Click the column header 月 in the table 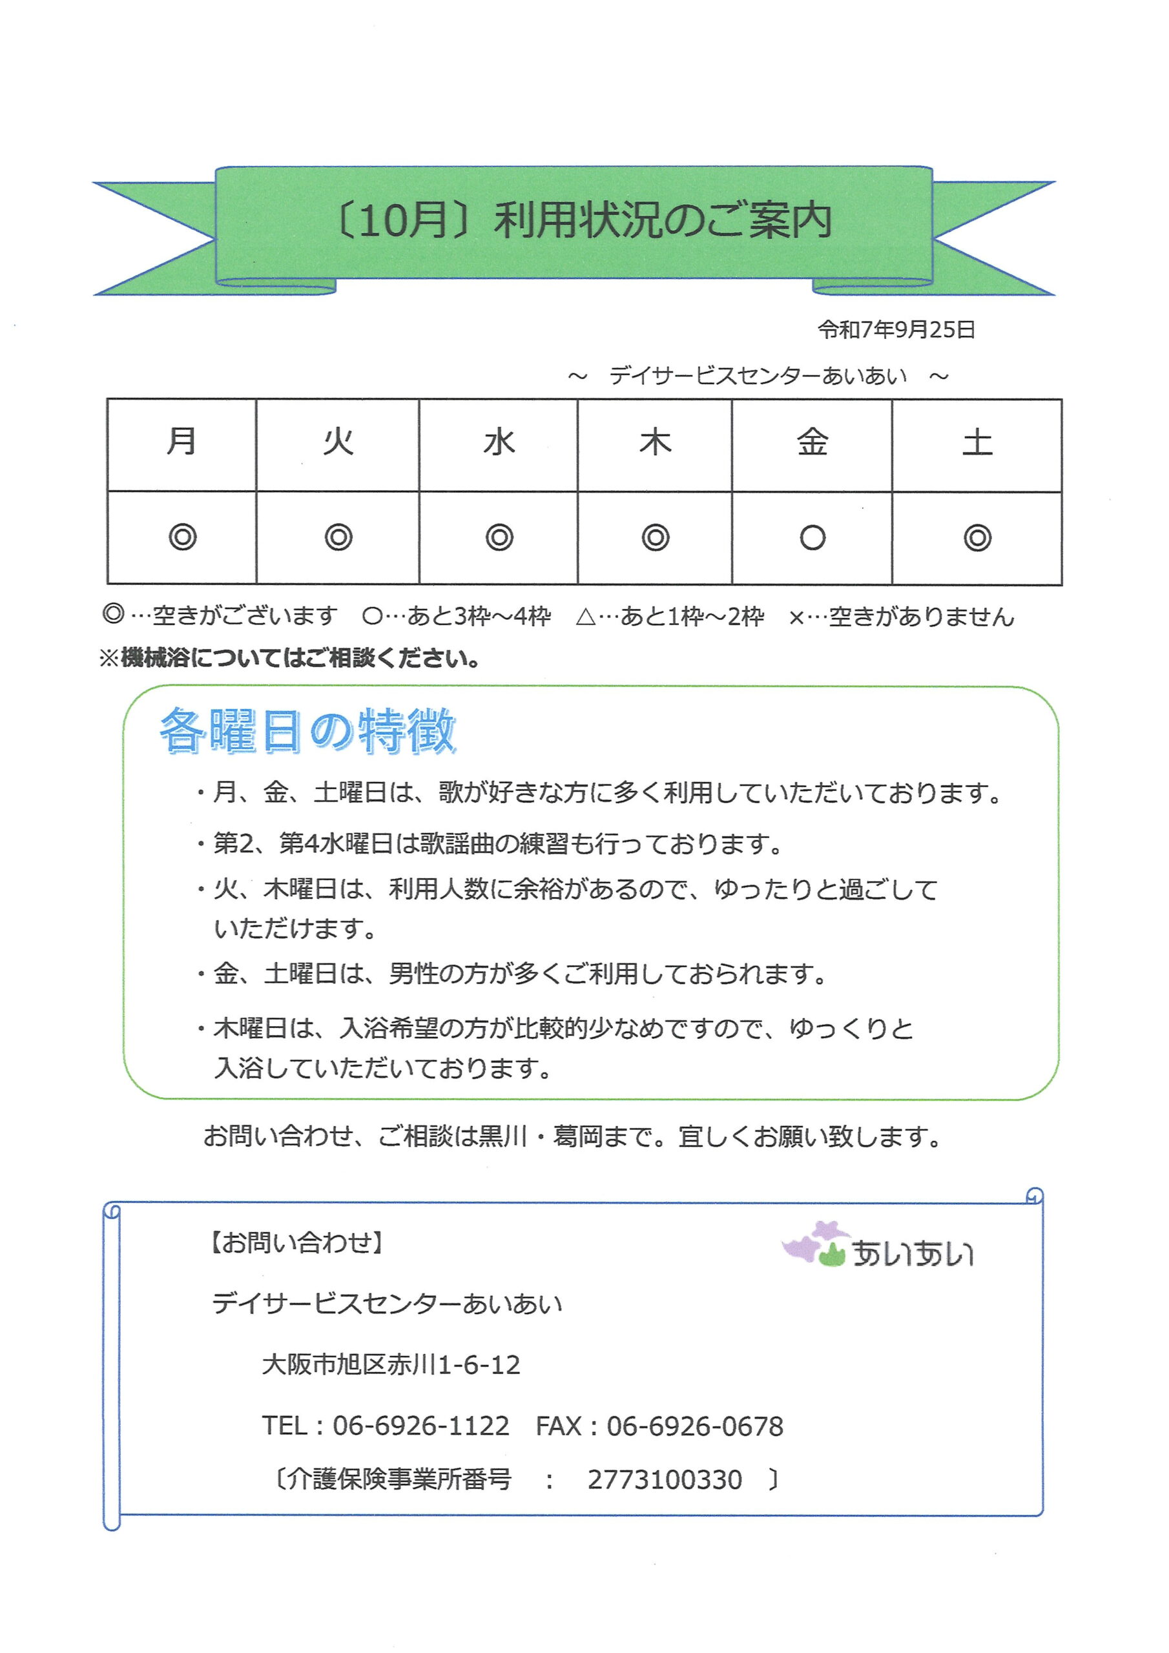point(181,440)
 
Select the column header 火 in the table point(338,440)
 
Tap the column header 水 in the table point(499,441)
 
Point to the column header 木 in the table point(655,441)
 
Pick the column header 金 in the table point(812,441)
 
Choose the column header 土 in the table point(977,441)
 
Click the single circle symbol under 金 point(812,537)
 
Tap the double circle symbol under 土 point(977,537)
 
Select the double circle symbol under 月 point(182,537)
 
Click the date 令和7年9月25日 point(896,330)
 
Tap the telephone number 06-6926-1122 point(420,1426)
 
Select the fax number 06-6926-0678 point(694,1426)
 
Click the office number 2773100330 point(664,1480)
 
